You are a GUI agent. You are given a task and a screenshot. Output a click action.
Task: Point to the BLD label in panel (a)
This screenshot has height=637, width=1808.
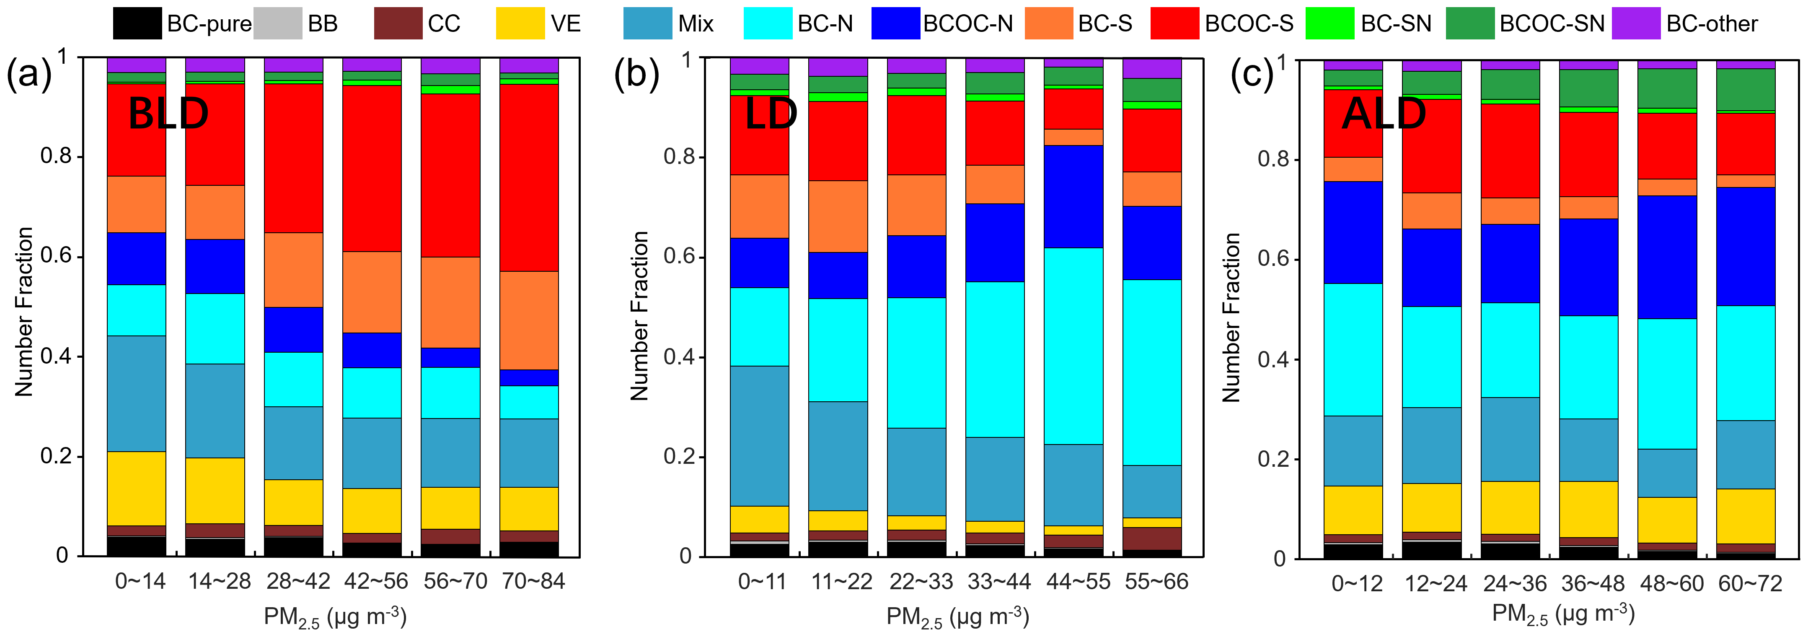[x=168, y=114]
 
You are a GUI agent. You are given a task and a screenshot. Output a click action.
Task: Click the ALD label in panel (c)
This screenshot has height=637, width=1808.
[x=1384, y=114]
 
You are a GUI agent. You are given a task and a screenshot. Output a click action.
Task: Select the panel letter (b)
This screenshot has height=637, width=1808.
[x=636, y=75]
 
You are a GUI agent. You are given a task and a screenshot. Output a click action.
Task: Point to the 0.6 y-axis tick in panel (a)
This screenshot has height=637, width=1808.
[x=56, y=256]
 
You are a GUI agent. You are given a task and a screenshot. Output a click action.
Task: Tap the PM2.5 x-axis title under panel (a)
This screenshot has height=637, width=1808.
[x=335, y=616]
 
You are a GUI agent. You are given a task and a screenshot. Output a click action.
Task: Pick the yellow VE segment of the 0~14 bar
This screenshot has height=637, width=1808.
[x=137, y=488]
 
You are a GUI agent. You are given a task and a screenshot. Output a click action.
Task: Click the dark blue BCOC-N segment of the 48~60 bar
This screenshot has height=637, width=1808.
[x=1667, y=257]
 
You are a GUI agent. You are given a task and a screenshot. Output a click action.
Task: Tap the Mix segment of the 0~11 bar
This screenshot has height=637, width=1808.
[x=759, y=435]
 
